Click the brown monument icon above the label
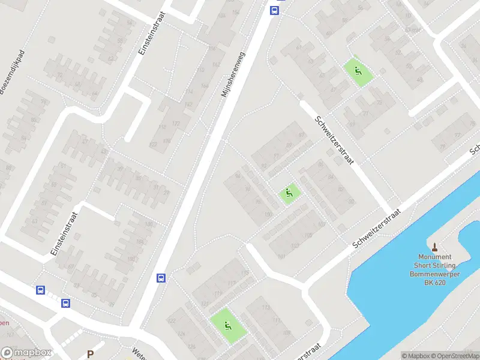435,246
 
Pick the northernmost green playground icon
358,72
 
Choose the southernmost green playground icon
227,326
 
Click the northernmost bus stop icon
274,10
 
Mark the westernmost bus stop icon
41,290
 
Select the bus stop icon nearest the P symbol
65,303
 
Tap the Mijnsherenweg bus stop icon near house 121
161,278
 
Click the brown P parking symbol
90,354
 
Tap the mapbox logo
26,353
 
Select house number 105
308,235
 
